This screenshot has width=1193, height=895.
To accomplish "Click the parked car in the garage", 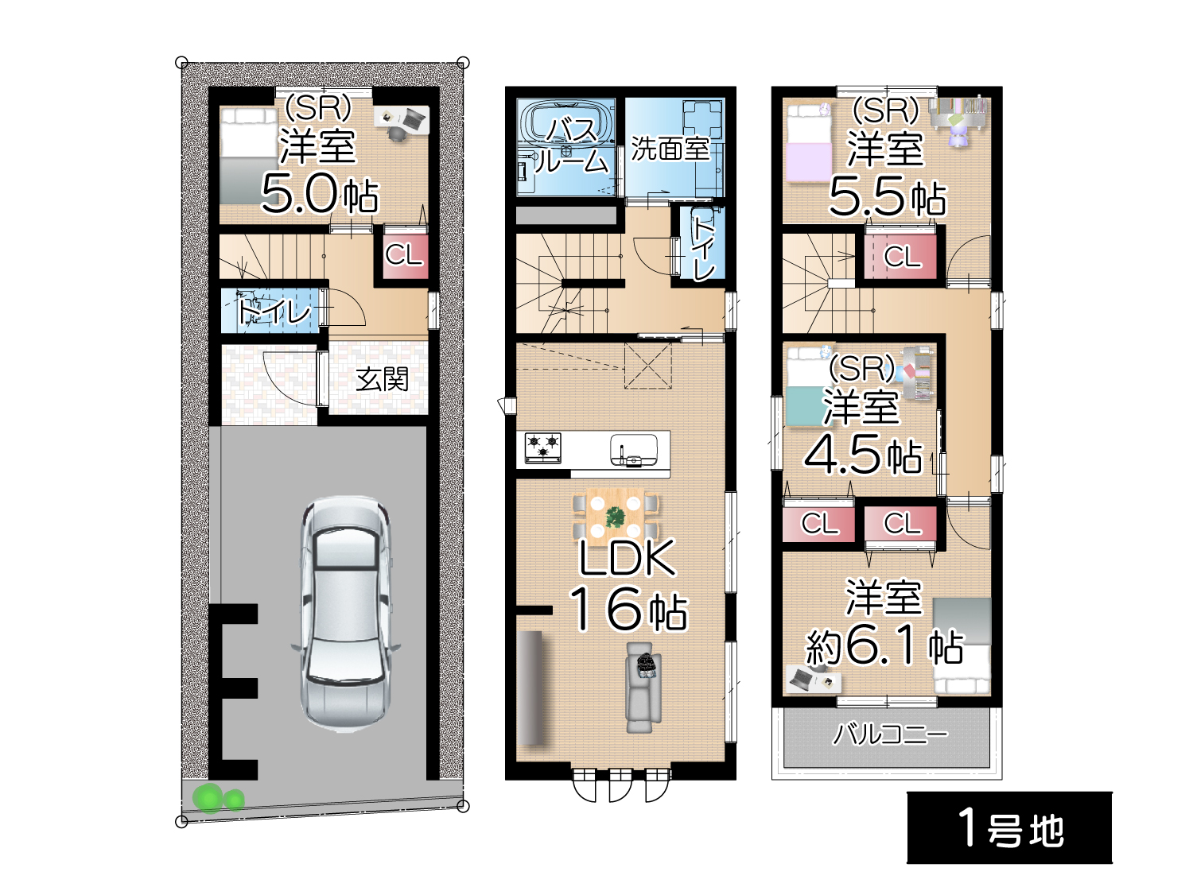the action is click(x=346, y=613).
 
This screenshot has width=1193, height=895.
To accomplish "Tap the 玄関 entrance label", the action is click(x=382, y=379).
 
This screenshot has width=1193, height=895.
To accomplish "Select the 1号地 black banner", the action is click(x=1009, y=827).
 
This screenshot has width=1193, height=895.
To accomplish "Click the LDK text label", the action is click(x=628, y=558).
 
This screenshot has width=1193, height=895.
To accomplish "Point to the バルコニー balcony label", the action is click(x=890, y=734).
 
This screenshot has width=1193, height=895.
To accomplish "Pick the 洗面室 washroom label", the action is click(x=670, y=149).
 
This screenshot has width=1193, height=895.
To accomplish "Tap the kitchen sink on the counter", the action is click(x=633, y=450).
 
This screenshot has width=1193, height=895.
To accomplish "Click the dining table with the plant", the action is click(x=616, y=517).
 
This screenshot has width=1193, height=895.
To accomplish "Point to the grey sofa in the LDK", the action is click(x=643, y=688).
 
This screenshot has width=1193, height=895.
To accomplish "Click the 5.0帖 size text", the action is click(x=320, y=193).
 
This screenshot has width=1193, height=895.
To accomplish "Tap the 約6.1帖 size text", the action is click(x=884, y=646).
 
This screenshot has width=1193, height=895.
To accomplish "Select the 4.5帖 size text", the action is click(x=863, y=455).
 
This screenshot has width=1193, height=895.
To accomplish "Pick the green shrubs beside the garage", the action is click(x=219, y=798).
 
